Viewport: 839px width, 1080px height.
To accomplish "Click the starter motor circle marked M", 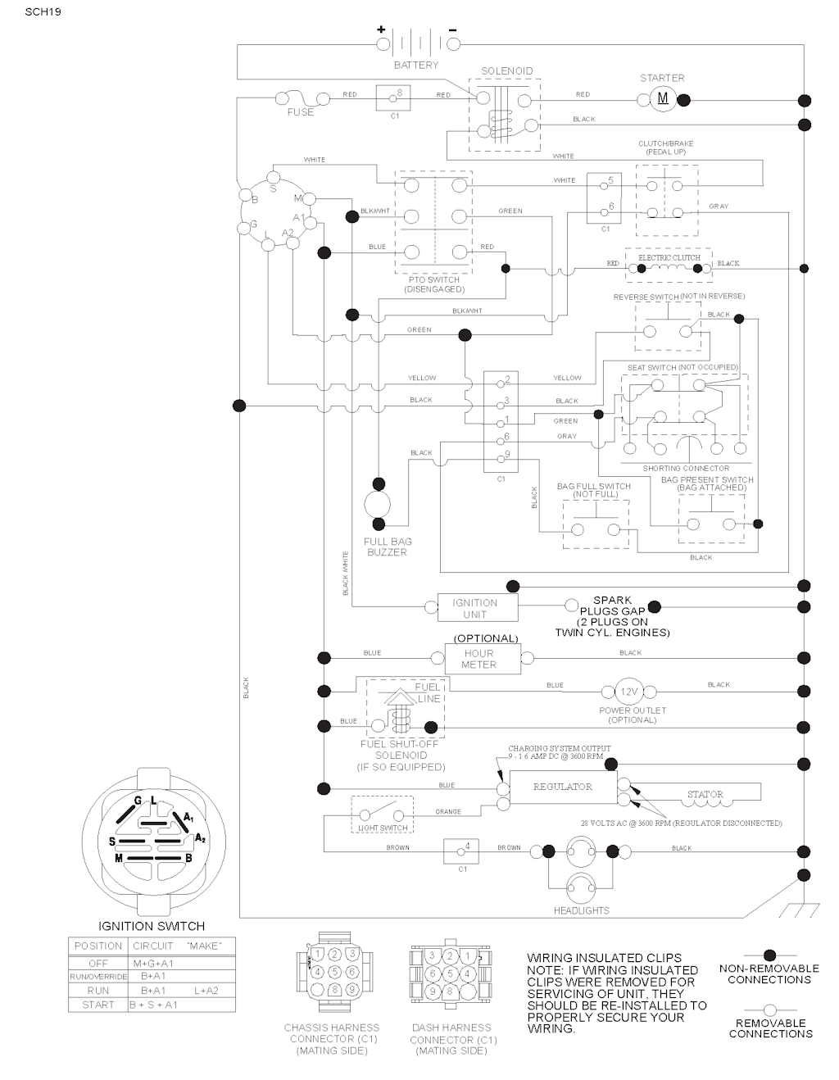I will coord(664,100).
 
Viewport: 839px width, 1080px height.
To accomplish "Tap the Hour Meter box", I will coord(482,659).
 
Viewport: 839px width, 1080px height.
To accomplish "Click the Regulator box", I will coord(562,787).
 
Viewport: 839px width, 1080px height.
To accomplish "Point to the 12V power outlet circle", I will coord(629,691).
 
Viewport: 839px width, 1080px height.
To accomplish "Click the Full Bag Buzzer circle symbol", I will coord(378,505).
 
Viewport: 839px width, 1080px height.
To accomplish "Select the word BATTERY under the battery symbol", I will coord(416,65).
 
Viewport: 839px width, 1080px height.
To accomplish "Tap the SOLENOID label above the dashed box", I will coord(506,71).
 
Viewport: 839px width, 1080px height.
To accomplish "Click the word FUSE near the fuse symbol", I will coord(300,112).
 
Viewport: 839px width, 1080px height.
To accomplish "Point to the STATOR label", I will coord(705,794).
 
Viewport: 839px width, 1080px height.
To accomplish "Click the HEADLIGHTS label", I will coord(582,910).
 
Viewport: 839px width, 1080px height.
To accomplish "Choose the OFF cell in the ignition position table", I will coord(98,964).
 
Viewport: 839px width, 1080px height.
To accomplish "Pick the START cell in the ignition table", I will coord(98,1005).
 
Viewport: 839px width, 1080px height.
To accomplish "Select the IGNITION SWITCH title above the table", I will coord(152,926).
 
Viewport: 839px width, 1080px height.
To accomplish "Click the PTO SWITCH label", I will coord(434,280).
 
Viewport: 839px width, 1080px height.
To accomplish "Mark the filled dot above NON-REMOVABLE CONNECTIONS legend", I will coord(769,955).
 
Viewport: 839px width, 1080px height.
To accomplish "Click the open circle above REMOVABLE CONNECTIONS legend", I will coord(769,1010).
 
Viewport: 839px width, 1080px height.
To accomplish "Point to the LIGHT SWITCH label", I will coord(383,828).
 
